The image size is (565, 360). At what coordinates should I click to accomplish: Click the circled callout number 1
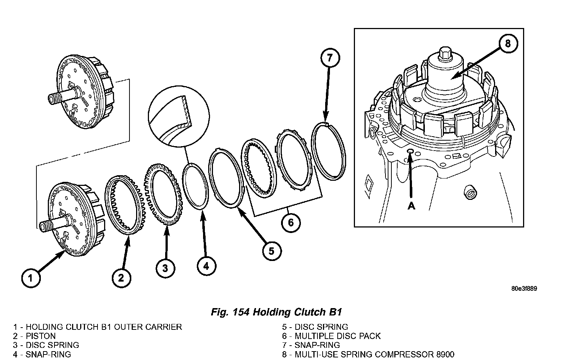(x=31, y=278)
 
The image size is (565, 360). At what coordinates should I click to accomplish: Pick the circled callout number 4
(x=206, y=266)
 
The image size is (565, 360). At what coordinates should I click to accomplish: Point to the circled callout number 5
(x=271, y=251)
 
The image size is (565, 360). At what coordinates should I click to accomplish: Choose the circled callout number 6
(x=291, y=223)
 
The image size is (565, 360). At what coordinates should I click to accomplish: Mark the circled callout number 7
(x=330, y=58)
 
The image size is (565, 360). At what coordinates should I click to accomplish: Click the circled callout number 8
(x=508, y=44)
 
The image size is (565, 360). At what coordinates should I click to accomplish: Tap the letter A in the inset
(x=411, y=206)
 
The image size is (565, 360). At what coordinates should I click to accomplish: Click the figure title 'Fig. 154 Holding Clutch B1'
(x=277, y=313)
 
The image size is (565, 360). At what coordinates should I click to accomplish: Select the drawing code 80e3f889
(x=524, y=288)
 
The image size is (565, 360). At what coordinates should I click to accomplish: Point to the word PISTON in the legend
(x=40, y=336)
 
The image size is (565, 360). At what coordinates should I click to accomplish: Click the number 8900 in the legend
(x=443, y=354)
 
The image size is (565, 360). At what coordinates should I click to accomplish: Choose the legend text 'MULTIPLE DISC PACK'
(x=338, y=336)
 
